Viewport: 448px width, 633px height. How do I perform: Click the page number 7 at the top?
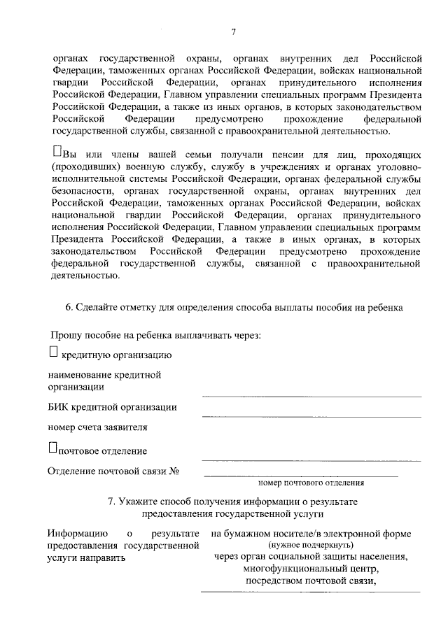(234, 31)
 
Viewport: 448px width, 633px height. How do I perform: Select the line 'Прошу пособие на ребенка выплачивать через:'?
(155, 334)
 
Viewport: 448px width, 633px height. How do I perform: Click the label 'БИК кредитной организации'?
(112, 407)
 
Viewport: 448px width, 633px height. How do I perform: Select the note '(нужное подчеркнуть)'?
(311, 545)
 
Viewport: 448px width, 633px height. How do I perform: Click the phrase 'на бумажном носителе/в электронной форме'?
(311, 534)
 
